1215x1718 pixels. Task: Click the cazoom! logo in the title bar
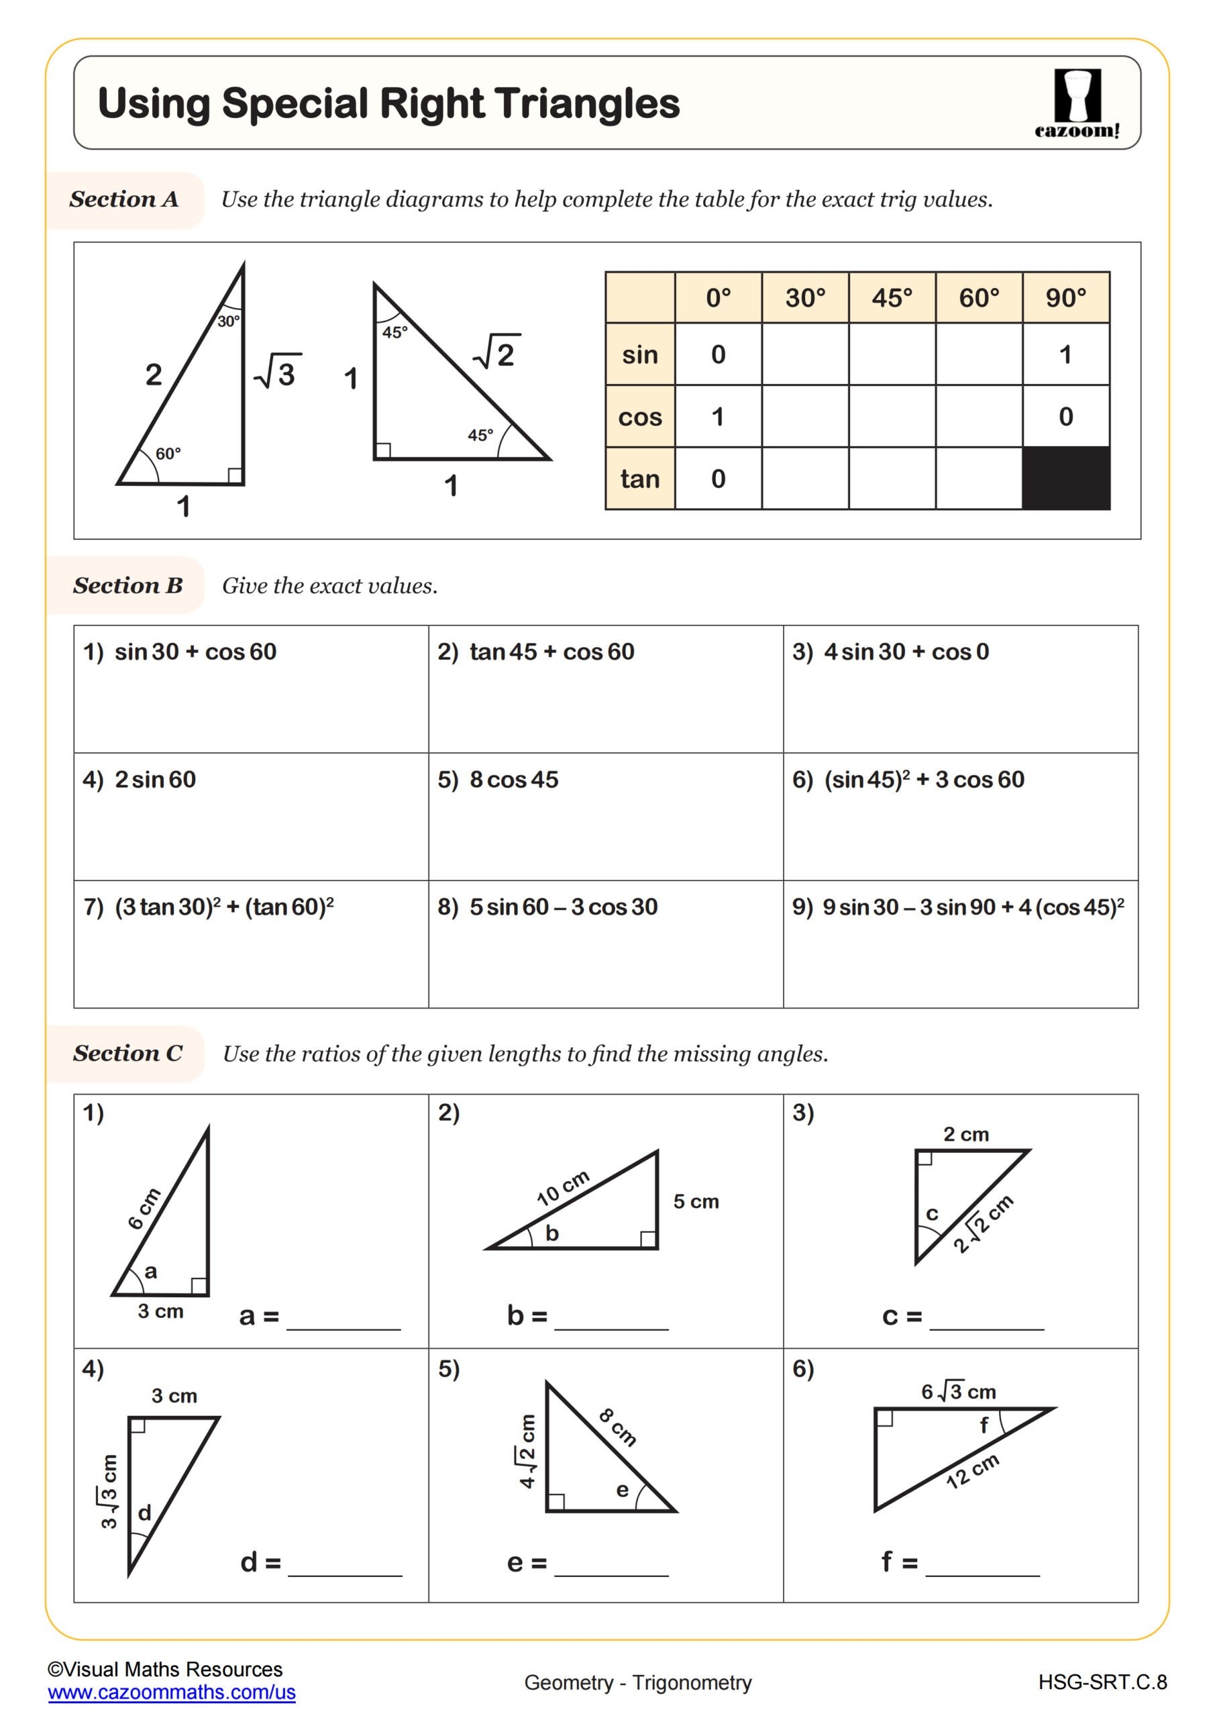[1077, 103]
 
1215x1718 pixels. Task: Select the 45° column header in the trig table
[892, 298]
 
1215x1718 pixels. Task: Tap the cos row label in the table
[639, 417]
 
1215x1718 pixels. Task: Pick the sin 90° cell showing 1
[1065, 355]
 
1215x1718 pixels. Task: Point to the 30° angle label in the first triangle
[228, 321]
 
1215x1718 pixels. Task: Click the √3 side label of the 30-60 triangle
[278, 372]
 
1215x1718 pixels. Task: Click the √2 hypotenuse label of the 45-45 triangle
[496, 353]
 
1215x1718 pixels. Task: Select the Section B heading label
[128, 585]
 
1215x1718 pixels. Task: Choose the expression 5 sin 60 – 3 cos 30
[564, 907]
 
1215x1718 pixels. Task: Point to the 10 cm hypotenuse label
[563, 1187]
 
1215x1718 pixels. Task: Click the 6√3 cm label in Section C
[959, 1392]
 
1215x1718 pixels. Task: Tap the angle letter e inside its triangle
[622, 1490]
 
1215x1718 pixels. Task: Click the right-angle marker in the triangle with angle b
[649, 1239]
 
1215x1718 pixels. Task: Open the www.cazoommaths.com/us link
[171, 1692]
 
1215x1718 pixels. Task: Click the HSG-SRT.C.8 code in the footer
[1102, 1682]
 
